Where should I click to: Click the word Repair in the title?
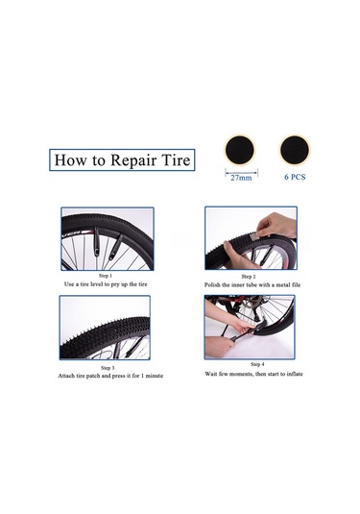click(132, 160)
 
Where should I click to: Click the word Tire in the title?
click(176, 160)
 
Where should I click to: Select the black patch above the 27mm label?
click(239, 150)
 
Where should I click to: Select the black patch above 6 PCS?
click(295, 149)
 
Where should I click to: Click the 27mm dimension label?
click(241, 178)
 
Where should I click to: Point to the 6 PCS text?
click(295, 177)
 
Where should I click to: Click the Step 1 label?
click(106, 276)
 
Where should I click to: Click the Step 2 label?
click(249, 277)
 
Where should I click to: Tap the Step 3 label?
click(108, 368)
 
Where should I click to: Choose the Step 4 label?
click(257, 364)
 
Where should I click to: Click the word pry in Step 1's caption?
click(115, 284)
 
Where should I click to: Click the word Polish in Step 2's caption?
click(212, 285)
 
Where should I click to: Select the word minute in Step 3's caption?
click(155, 376)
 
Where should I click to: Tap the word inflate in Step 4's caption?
click(295, 374)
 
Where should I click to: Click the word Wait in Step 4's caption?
click(210, 374)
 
